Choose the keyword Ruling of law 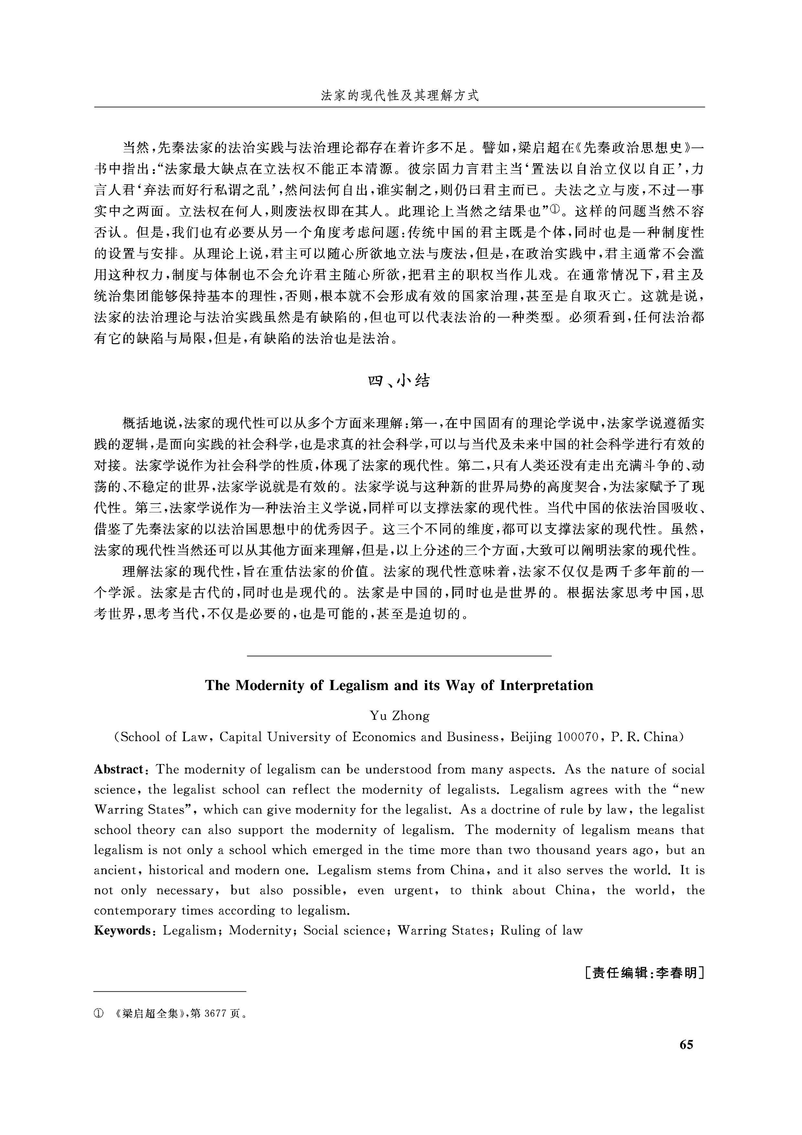point(542,930)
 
